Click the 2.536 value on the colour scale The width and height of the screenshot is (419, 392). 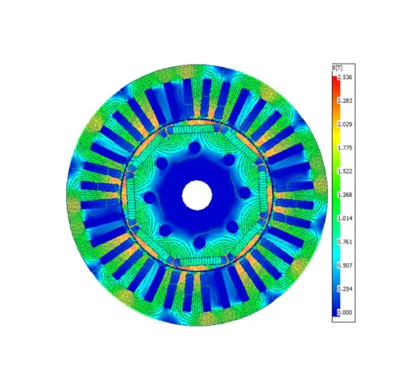(345, 77)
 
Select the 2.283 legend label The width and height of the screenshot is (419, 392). (345, 101)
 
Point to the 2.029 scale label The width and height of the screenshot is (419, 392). (345, 125)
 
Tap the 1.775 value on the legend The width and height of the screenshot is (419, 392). (345, 148)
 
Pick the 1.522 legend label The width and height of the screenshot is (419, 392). (345, 172)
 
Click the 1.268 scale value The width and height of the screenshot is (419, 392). (345, 195)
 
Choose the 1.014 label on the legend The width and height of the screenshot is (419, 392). (345, 219)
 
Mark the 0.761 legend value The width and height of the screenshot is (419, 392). (345, 242)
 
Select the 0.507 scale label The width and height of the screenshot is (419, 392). (345, 266)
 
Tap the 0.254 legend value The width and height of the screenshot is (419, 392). (345, 289)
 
